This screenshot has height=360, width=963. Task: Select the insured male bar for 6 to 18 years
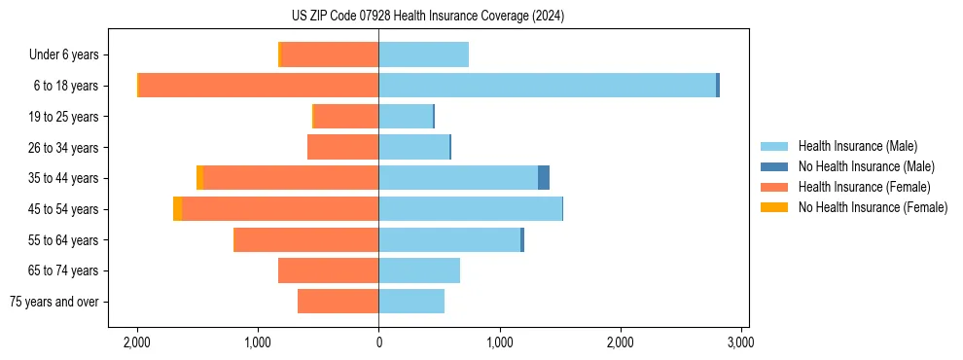point(547,86)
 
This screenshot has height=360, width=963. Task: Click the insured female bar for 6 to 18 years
point(259,86)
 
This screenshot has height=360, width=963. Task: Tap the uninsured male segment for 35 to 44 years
point(544,178)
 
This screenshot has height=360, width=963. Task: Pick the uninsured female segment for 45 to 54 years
point(177,209)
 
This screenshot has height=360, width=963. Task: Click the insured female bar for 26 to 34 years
point(342,147)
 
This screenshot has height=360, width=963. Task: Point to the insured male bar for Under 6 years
point(423,54)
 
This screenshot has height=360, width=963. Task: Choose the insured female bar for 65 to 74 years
point(328,270)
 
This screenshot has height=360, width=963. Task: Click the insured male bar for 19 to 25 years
point(406,117)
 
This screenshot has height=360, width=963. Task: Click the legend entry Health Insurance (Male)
point(857,146)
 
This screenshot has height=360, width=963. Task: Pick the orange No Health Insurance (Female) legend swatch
point(774,207)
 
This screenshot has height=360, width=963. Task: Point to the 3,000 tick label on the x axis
point(740,342)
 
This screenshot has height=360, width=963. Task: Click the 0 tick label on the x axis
point(378,342)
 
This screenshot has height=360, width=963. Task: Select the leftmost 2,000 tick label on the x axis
point(137,342)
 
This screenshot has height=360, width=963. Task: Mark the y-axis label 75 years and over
point(54,302)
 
